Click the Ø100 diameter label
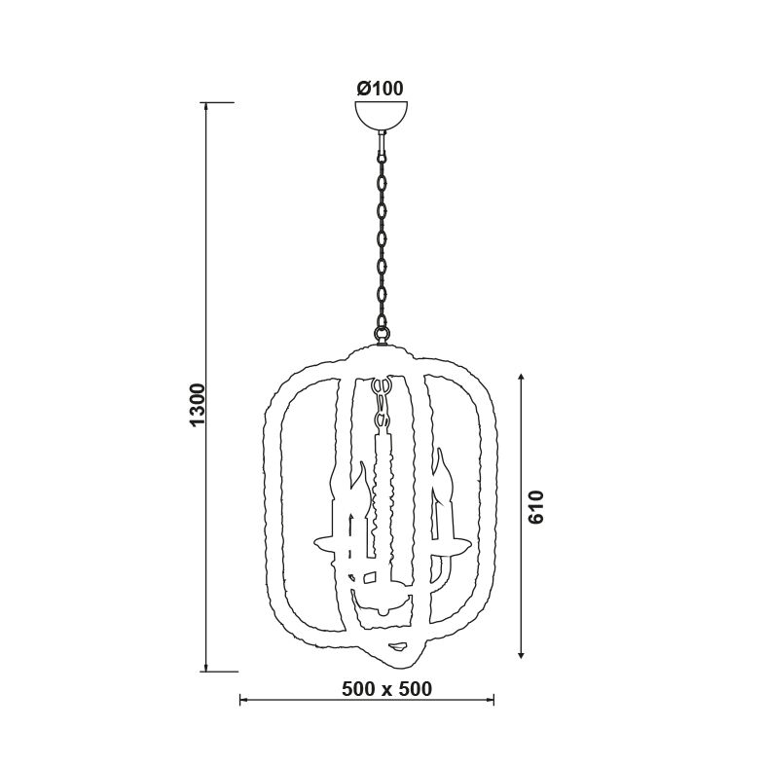click(380, 89)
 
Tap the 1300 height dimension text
click(198, 405)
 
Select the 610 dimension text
click(536, 507)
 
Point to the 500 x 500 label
click(387, 689)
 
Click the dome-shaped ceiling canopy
click(381, 114)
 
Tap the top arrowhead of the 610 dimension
click(522, 378)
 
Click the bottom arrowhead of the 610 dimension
click(522, 654)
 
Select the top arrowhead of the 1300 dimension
click(206, 106)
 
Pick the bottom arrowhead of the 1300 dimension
click(206, 668)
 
